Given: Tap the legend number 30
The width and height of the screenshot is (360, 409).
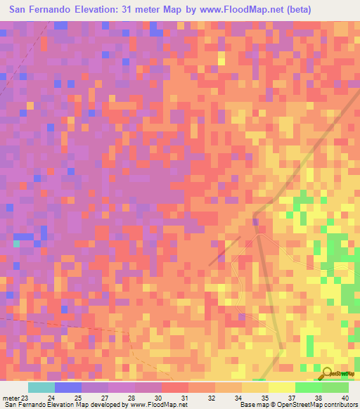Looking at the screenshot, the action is [x=160, y=398].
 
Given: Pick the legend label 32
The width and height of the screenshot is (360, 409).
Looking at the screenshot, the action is [x=212, y=398].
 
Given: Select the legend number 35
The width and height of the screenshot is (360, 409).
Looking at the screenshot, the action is [x=265, y=398].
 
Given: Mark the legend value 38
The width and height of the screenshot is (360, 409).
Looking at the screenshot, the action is [x=319, y=398].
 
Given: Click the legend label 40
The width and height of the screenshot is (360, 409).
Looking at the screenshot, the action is [x=345, y=398].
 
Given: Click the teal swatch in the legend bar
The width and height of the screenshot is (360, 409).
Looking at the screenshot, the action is [x=41, y=387].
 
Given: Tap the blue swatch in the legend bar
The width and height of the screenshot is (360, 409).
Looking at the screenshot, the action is [x=67, y=387].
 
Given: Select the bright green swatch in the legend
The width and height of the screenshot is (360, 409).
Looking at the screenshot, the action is [x=308, y=387].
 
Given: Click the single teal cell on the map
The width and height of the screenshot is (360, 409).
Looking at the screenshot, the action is [x=15, y=243].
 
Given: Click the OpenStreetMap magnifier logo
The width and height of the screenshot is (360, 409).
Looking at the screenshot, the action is [x=328, y=373].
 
